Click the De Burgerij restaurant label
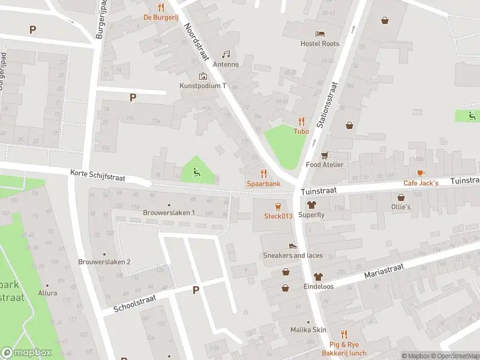point(160,17)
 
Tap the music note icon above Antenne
point(226,55)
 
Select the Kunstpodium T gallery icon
point(203,76)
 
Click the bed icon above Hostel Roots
point(320,34)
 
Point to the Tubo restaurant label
point(301,131)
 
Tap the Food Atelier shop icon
point(325,155)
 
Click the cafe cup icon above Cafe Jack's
point(421,173)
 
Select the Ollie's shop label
point(401,206)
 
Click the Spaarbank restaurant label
point(263,183)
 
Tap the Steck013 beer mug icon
point(278,206)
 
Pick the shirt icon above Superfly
point(311,205)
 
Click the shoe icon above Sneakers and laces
point(293,245)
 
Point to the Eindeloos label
point(318,286)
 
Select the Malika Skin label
point(308,330)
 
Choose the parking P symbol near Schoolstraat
point(195,290)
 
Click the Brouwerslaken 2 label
point(104,262)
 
